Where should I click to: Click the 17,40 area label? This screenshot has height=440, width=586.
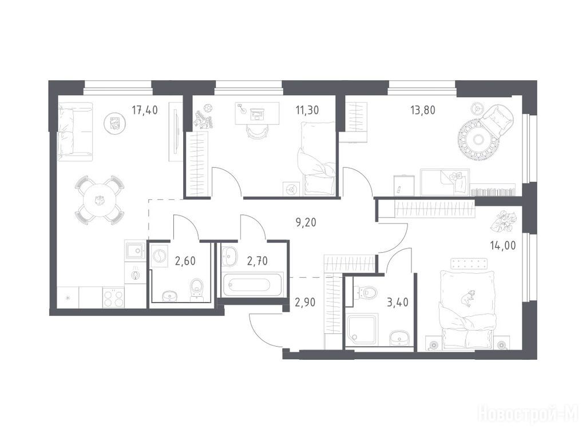coord(145,110)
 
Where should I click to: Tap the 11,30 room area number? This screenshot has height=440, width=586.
coord(307,110)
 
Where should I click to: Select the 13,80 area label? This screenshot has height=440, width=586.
coord(423,110)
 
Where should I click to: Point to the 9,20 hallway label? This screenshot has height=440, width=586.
coord(306,223)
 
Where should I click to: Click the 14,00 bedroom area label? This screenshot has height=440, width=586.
coord(502,245)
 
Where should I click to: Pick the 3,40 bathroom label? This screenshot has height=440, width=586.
coord(398,302)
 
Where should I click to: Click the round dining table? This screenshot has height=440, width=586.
coord(100,200)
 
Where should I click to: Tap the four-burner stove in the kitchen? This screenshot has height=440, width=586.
coord(113,297)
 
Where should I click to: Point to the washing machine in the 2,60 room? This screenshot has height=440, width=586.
coord(159,256)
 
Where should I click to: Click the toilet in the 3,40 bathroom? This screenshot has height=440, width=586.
coord(369,292)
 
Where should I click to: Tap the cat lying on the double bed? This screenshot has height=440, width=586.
coord(467,298)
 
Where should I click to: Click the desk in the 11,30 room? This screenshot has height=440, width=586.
coord(258,113)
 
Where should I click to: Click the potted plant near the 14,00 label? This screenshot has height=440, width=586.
coord(504,221)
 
